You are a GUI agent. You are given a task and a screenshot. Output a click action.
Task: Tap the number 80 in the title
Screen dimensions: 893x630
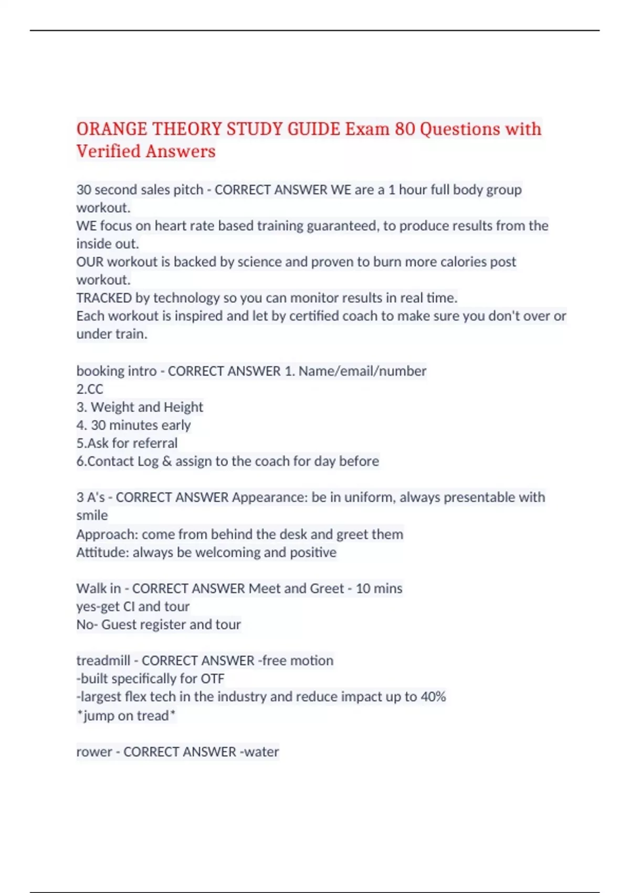point(405,129)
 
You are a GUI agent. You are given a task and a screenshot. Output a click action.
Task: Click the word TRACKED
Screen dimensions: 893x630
point(104,298)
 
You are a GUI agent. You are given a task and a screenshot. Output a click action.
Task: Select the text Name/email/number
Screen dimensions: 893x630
point(362,371)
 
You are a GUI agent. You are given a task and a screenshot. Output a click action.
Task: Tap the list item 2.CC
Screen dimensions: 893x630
point(90,389)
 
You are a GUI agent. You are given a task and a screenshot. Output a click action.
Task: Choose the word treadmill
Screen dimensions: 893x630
point(103,660)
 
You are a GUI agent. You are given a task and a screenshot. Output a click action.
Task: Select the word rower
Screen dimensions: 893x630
point(94,752)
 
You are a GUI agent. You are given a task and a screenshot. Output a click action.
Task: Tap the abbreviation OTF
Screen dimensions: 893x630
point(212,679)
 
